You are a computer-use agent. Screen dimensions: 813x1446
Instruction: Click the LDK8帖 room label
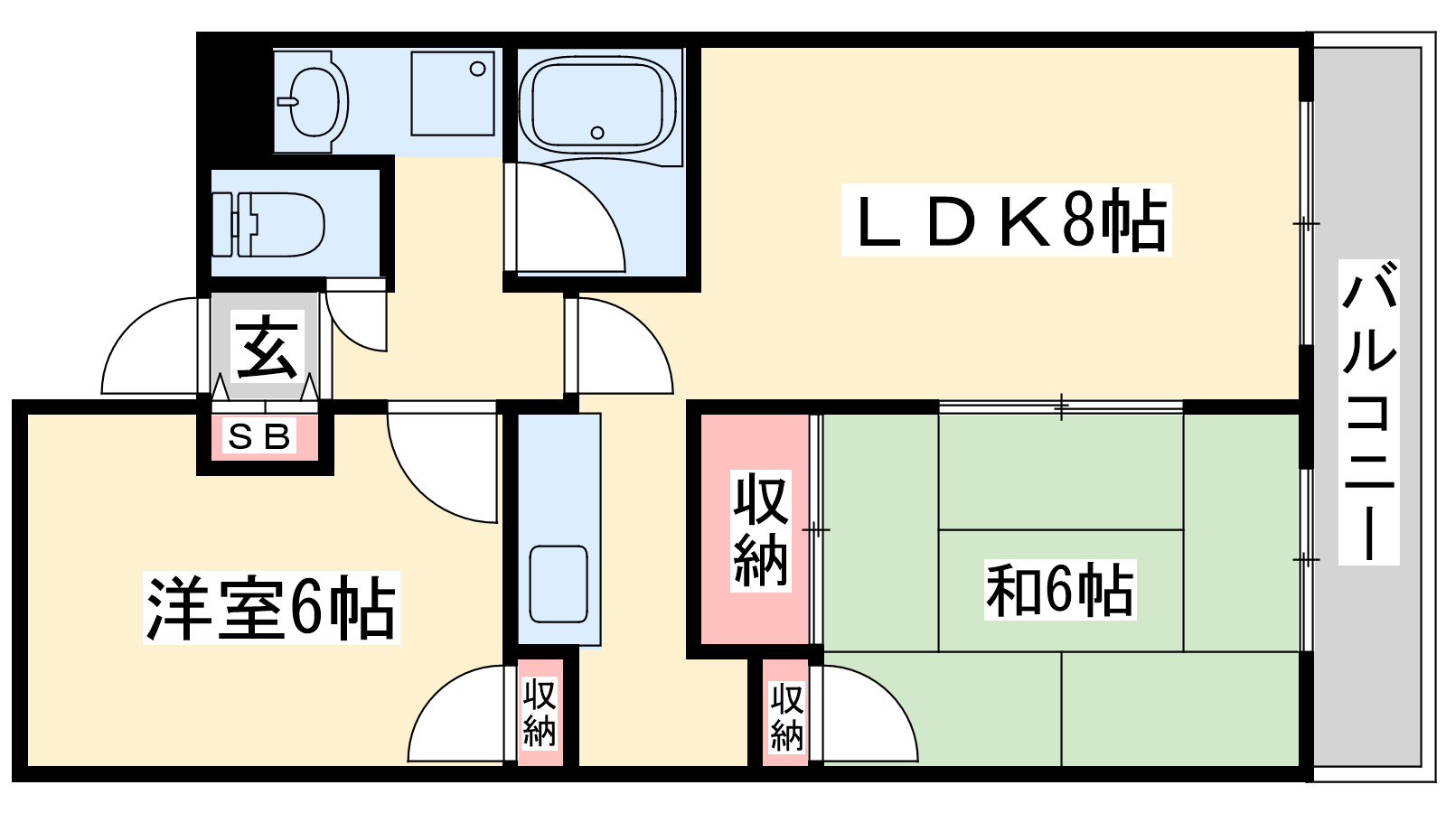tap(1006, 220)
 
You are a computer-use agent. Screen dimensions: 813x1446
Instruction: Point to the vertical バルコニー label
tap(1368, 412)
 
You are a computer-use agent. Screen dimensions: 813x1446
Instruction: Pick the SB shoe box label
tap(259, 437)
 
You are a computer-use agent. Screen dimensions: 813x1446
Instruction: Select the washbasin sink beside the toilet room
tap(313, 101)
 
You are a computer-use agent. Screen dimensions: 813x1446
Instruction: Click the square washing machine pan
tap(453, 93)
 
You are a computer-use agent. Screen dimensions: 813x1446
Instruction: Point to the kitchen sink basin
tap(559, 584)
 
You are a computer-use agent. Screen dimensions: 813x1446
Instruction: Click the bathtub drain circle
tap(597, 133)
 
